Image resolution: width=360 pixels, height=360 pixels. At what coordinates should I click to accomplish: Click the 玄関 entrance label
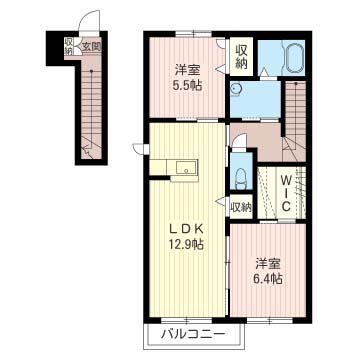(x=89, y=45)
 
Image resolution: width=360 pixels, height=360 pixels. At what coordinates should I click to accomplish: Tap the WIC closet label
(x=284, y=193)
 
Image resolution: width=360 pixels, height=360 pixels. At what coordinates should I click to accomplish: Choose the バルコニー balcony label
(x=187, y=334)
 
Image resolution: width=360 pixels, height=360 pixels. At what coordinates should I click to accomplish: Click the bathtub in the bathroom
(x=294, y=59)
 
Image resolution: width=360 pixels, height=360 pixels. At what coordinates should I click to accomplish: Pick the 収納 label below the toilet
(x=240, y=207)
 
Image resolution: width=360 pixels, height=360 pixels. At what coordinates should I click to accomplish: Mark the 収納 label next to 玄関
(x=70, y=45)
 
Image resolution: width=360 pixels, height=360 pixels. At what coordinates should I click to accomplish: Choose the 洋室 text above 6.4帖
(x=266, y=263)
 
